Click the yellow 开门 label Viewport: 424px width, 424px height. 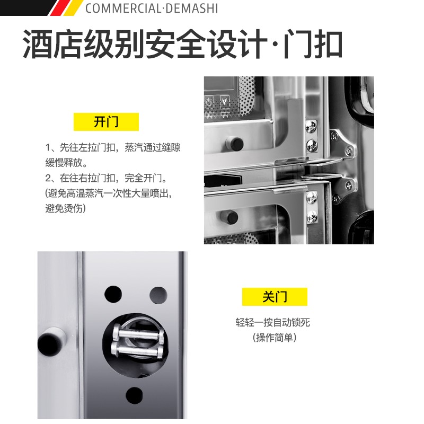tap(106, 122)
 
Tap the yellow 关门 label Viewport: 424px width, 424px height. tap(275, 297)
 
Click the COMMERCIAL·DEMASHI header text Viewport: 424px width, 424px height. tap(152, 8)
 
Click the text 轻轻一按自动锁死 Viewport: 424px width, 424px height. tap(272, 322)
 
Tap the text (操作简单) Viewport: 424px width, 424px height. tap(275, 338)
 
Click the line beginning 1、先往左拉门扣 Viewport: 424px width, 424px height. tap(113, 147)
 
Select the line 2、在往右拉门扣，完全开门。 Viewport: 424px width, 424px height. tap(107, 178)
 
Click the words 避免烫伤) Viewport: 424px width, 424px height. tap(65, 208)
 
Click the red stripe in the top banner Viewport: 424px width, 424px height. tap(58, 7)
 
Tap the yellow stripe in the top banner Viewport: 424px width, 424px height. tap(73, 7)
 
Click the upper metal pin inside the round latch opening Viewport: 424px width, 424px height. tap(138, 333)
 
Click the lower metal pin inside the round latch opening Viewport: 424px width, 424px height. tap(137, 350)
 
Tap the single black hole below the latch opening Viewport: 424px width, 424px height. tap(134, 395)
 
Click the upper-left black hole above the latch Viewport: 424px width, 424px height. tap(113, 294)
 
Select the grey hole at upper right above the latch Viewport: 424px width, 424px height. tap(158, 295)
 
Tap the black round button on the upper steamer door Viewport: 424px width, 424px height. tap(235, 143)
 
